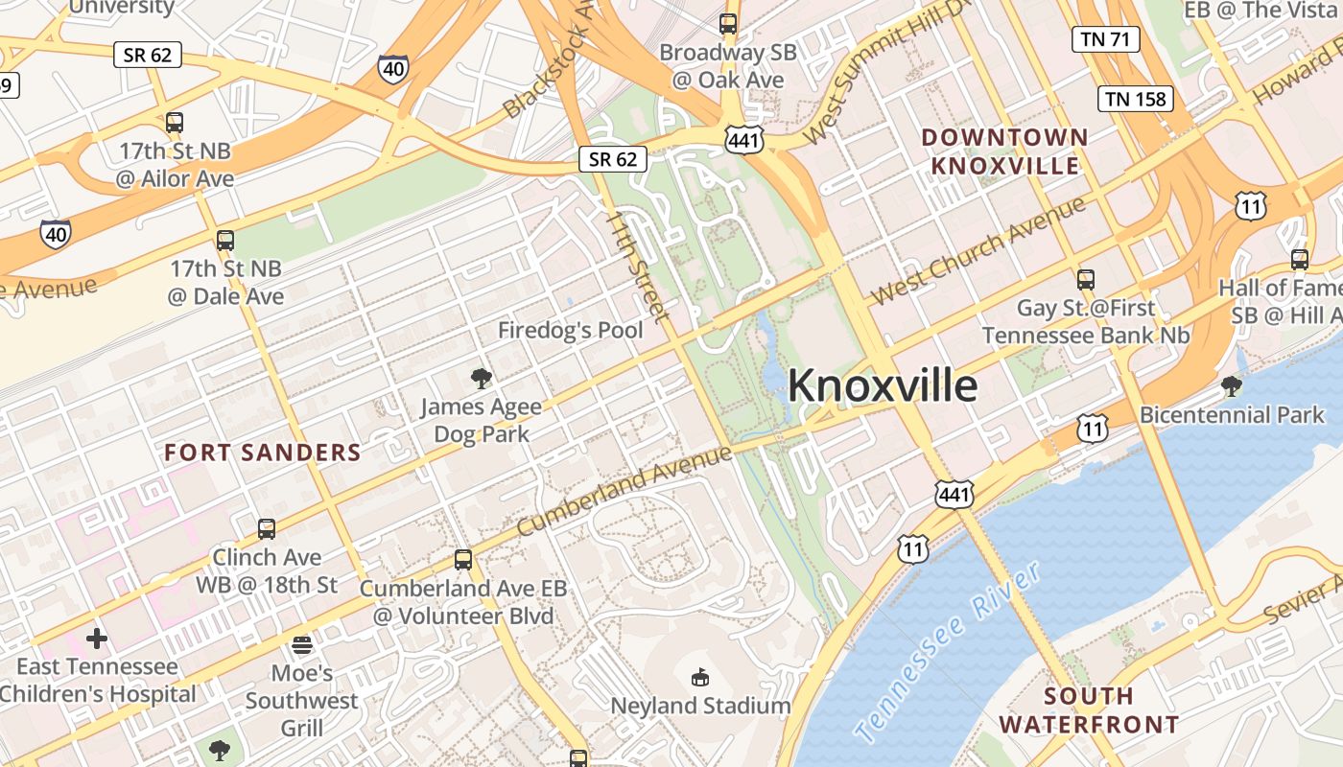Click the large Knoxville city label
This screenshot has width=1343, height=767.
[883, 385]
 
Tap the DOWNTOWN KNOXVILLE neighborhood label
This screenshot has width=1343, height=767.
[1005, 151]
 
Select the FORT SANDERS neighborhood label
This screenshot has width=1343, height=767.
[262, 453]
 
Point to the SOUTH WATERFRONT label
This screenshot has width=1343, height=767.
[1089, 709]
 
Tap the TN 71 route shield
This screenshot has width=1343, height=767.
[1105, 39]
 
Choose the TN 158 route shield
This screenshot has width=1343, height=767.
[1136, 99]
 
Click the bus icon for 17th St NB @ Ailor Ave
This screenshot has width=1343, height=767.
[175, 123]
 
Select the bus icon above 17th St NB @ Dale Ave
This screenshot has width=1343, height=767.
[225, 240]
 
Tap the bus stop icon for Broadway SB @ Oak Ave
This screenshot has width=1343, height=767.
[728, 24]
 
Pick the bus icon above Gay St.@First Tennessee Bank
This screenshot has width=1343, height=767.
[1086, 280]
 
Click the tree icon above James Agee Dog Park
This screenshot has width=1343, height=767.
[482, 378]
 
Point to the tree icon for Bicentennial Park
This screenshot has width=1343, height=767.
[1232, 386]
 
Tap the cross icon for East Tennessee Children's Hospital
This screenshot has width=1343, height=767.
[97, 638]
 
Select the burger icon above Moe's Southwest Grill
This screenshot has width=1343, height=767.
[302, 644]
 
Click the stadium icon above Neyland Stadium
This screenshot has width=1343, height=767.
[700, 678]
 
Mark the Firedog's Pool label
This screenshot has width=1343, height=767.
[570, 331]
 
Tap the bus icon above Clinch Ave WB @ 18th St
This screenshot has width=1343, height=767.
[267, 528]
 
